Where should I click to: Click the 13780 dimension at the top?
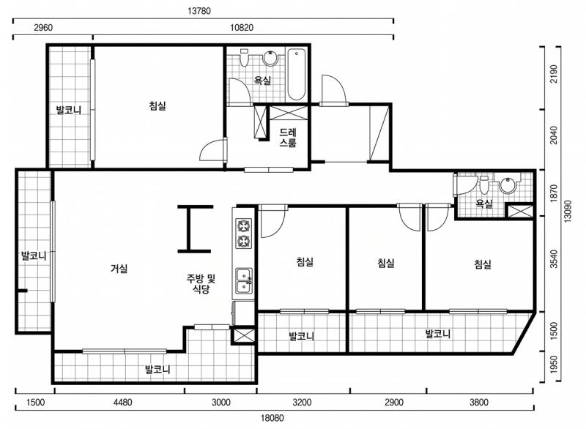(199, 11)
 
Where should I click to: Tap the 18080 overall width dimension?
(272, 418)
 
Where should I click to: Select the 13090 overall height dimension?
(568, 212)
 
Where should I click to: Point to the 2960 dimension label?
(43, 27)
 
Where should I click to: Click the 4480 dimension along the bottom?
(122, 402)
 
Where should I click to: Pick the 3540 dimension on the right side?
(554, 258)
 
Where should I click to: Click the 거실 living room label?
(119, 268)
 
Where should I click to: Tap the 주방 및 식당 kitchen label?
(201, 283)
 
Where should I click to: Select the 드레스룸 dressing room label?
(288, 138)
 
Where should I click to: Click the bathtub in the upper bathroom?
(297, 75)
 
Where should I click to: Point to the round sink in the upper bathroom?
(270, 58)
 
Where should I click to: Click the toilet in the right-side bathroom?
(484, 184)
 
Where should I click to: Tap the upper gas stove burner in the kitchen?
(244, 226)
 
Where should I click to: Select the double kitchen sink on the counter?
(244, 280)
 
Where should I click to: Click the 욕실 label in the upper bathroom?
(263, 80)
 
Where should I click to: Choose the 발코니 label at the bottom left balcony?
(157, 370)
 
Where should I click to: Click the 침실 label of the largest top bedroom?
(157, 105)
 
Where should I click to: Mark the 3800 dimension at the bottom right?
(479, 402)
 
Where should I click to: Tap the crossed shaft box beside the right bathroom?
(520, 211)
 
